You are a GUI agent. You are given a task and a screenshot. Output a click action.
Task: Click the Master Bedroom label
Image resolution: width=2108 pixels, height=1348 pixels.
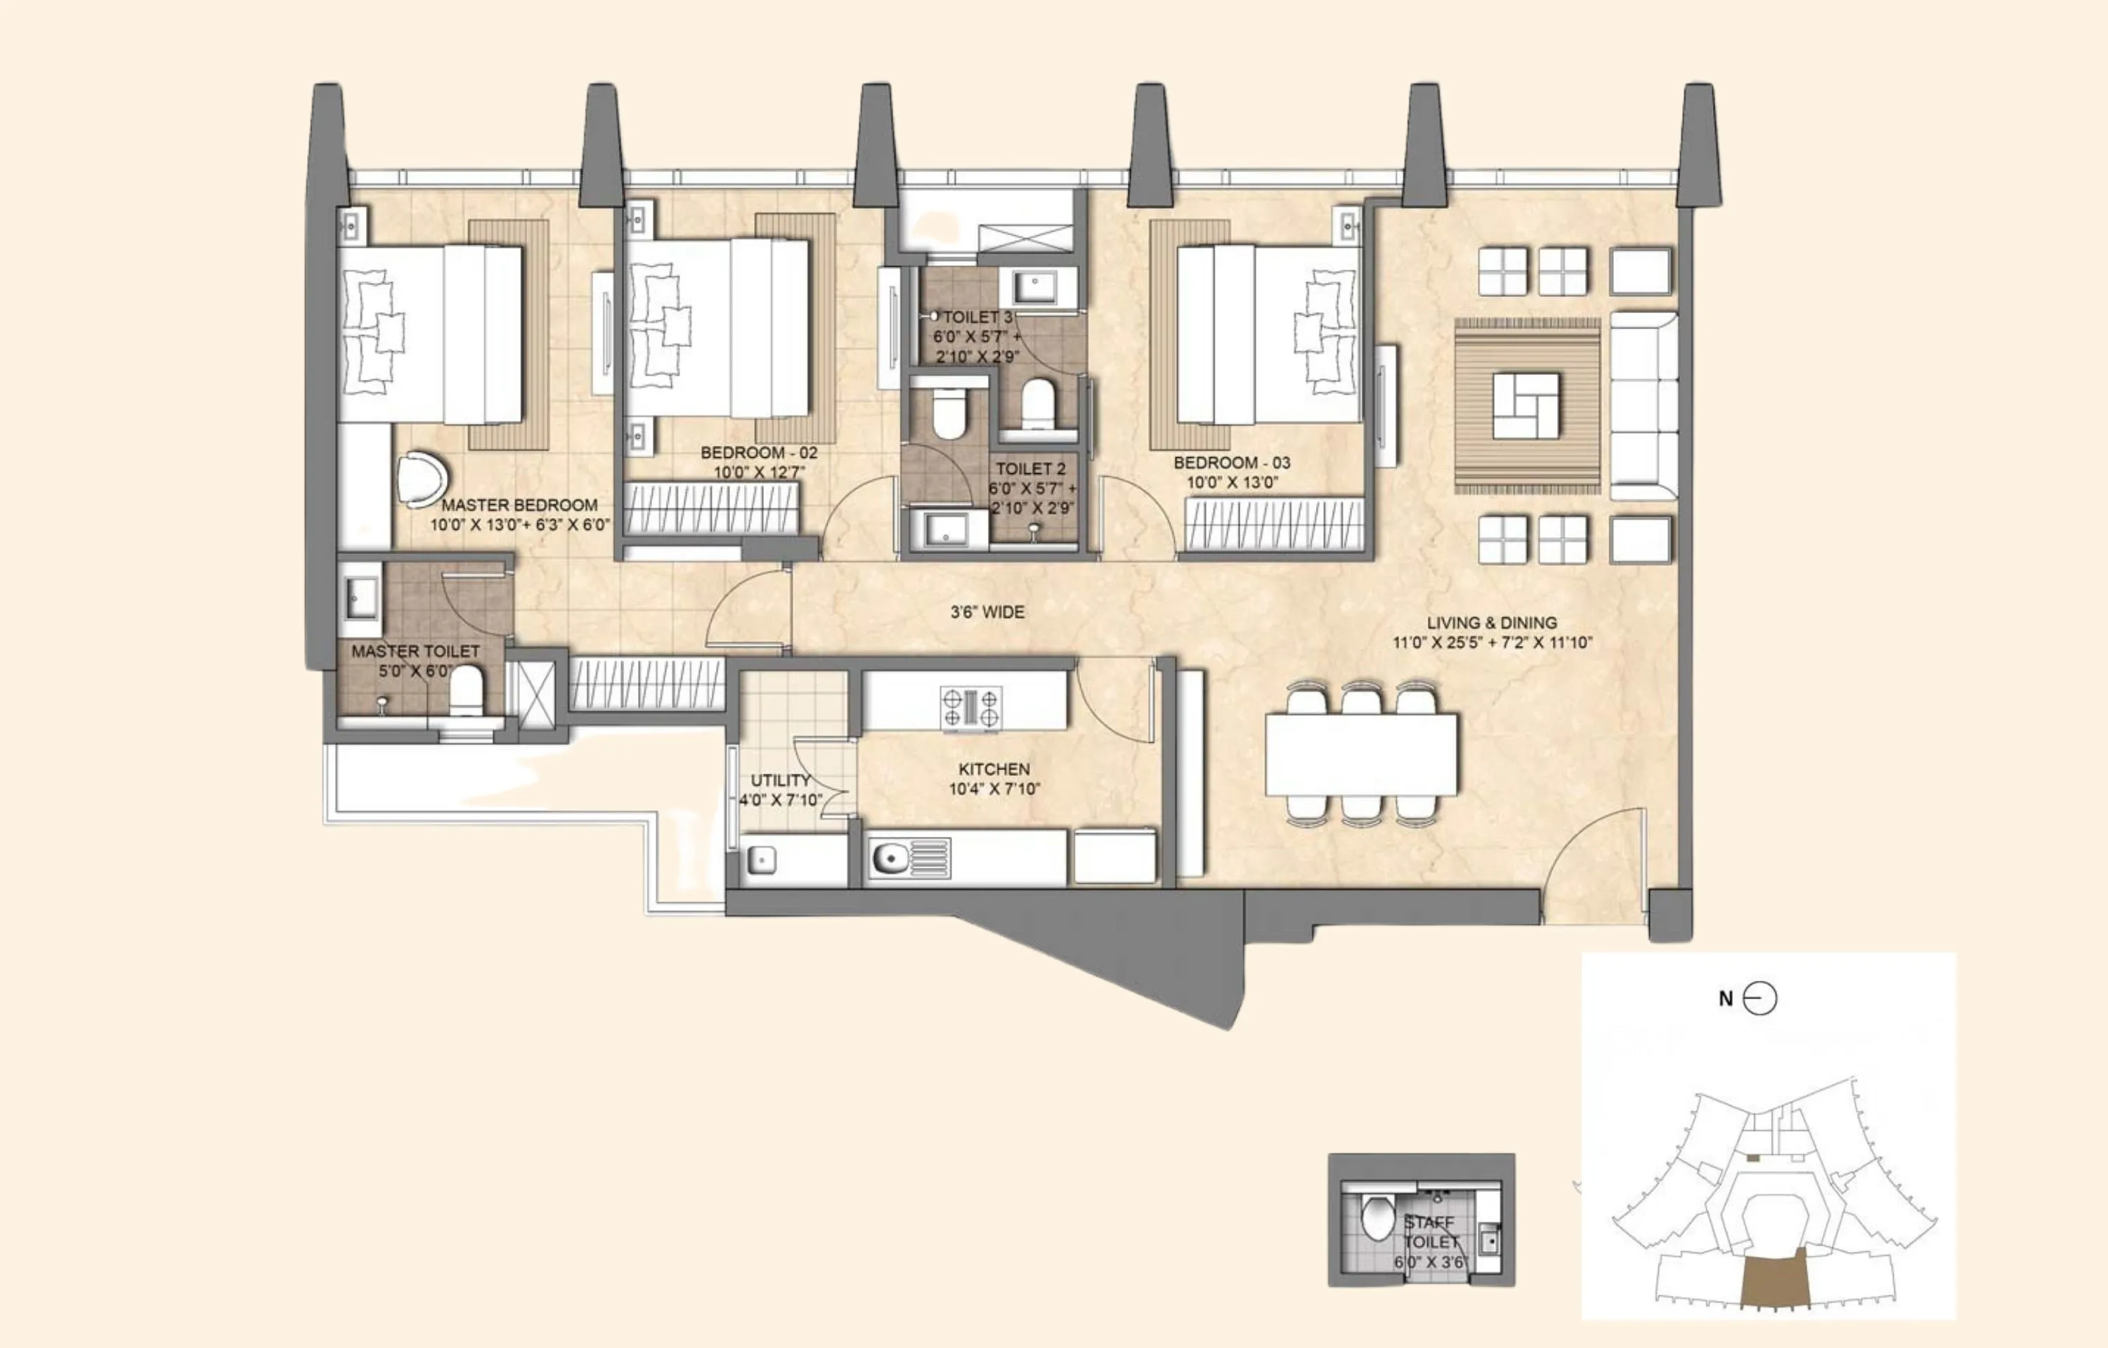point(519,505)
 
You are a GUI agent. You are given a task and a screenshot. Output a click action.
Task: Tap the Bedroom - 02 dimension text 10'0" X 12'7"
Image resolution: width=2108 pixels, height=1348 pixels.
point(758,473)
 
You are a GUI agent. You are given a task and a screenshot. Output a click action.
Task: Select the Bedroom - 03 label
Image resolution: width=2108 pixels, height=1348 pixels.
point(1231,462)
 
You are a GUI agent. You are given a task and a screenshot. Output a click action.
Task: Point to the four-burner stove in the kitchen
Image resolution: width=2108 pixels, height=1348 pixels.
point(970,708)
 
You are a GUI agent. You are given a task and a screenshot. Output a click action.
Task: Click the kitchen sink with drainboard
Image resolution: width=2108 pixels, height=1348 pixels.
point(910,858)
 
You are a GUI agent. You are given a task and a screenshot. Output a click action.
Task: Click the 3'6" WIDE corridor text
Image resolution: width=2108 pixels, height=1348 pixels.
point(987,612)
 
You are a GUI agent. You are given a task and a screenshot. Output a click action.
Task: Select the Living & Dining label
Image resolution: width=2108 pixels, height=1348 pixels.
point(1492,622)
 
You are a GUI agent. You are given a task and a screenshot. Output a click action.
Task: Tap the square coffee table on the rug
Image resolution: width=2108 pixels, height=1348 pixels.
point(1525,406)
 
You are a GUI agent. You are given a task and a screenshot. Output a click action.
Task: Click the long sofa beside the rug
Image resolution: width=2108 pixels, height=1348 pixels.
point(1643,406)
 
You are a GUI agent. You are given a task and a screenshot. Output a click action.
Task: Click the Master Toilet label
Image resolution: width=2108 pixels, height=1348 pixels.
point(415,652)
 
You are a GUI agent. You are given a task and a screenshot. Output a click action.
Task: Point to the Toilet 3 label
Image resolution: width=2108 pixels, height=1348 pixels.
point(977,317)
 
